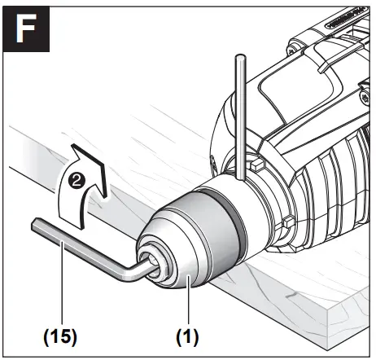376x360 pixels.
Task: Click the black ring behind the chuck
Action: tap(234, 213)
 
